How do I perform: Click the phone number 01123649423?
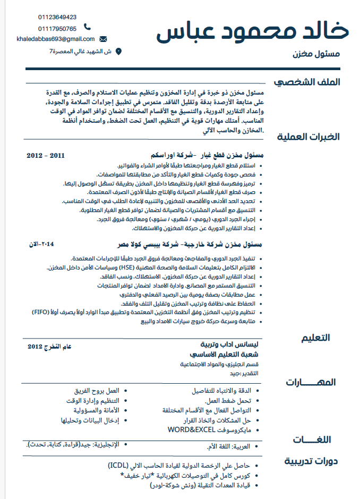pyautogui.click(x=57, y=17)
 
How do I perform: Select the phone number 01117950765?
pyautogui.click(x=57, y=28)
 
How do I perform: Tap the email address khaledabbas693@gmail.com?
pyautogui.click(x=56, y=39)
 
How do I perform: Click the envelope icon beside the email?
pyautogui.click(x=103, y=39)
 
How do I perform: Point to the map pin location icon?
pyautogui.click(x=118, y=52)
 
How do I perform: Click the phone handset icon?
pyautogui.click(x=88, y=28)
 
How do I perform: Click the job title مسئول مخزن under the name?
pyautogui.click(x=317, y=54)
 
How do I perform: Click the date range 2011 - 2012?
pyautogui.click(x=45, y=156)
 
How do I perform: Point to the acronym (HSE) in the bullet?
pyautogui.click(x=142, y=267)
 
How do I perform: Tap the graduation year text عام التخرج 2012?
pyautogui.click(x=49, y=346)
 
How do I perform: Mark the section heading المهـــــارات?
pyautogui.click(x=311, y=382)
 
